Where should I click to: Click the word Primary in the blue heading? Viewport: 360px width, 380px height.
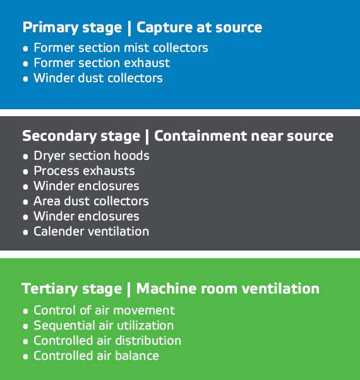[x=51, y=28]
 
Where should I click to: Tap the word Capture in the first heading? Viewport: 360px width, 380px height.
[x=165, y=28]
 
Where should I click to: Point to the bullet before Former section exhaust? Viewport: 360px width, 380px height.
[x=25, y=64]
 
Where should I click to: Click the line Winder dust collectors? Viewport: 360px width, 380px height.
[x=98, y=78]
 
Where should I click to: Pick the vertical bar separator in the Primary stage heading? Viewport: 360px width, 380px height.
[x=129, y=28]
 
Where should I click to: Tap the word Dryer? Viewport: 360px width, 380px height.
[x=50, y=156]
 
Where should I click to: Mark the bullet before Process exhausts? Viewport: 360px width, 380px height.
[x=25, y=172]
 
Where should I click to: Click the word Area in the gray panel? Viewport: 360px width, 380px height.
[x=47, y=201]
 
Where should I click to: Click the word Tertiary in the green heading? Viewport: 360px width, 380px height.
[x=50, y=289]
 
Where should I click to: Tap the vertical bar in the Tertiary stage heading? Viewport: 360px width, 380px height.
[x=129, y=289]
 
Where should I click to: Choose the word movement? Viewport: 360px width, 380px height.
[x=144, y=311]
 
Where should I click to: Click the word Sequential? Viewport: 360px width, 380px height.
[x=63, y=326]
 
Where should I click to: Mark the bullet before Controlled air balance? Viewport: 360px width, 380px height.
[x=25, y=357]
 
